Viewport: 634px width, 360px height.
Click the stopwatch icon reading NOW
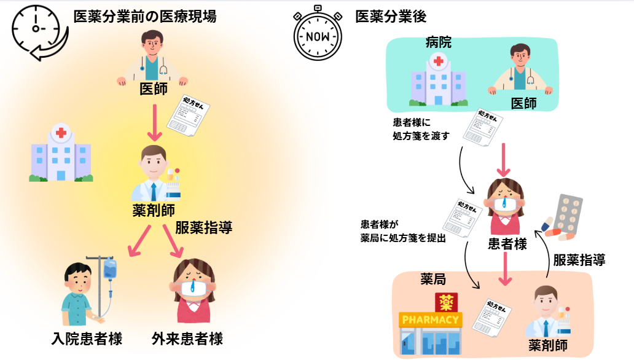(318, 34)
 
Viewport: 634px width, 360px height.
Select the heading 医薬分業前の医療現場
(144, 17)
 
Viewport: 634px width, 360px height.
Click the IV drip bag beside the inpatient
(110, 269)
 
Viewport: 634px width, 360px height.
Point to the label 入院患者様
(87, 338)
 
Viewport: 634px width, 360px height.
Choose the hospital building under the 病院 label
(437, 80)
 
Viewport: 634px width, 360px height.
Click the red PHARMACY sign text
(429, 319)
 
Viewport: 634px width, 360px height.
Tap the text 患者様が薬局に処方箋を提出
(402, 231)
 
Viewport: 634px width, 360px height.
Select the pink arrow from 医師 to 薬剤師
(154, 123)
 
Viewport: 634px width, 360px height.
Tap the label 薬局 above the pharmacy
(433, 280)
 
